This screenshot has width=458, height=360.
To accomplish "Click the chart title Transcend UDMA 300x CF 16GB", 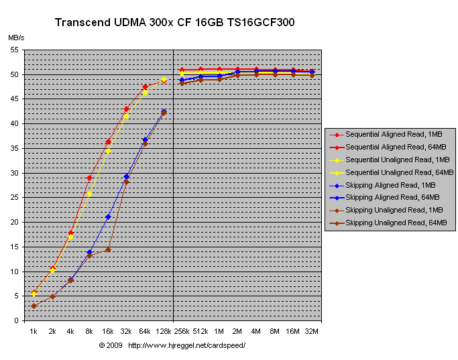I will pos(174,23).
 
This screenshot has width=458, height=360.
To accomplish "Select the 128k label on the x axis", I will pos(164,331).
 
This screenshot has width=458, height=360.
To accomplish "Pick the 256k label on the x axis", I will pos(182,331).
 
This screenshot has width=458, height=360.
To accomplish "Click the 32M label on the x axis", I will pos(312,331).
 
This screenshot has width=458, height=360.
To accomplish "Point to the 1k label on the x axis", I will pos(34,331).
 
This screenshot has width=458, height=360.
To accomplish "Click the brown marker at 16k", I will pos(108,249).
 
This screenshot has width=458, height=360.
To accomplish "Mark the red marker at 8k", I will pos(89,178).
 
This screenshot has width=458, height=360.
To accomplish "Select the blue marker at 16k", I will pos(108,217).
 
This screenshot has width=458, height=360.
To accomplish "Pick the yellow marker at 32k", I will pos(126,116).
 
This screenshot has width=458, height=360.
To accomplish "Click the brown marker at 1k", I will pos(34,306).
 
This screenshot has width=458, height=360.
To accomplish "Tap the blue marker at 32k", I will pos(126,176).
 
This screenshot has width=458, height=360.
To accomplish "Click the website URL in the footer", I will pos(186,345).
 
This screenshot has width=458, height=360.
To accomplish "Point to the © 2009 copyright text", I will pos(111,345).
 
